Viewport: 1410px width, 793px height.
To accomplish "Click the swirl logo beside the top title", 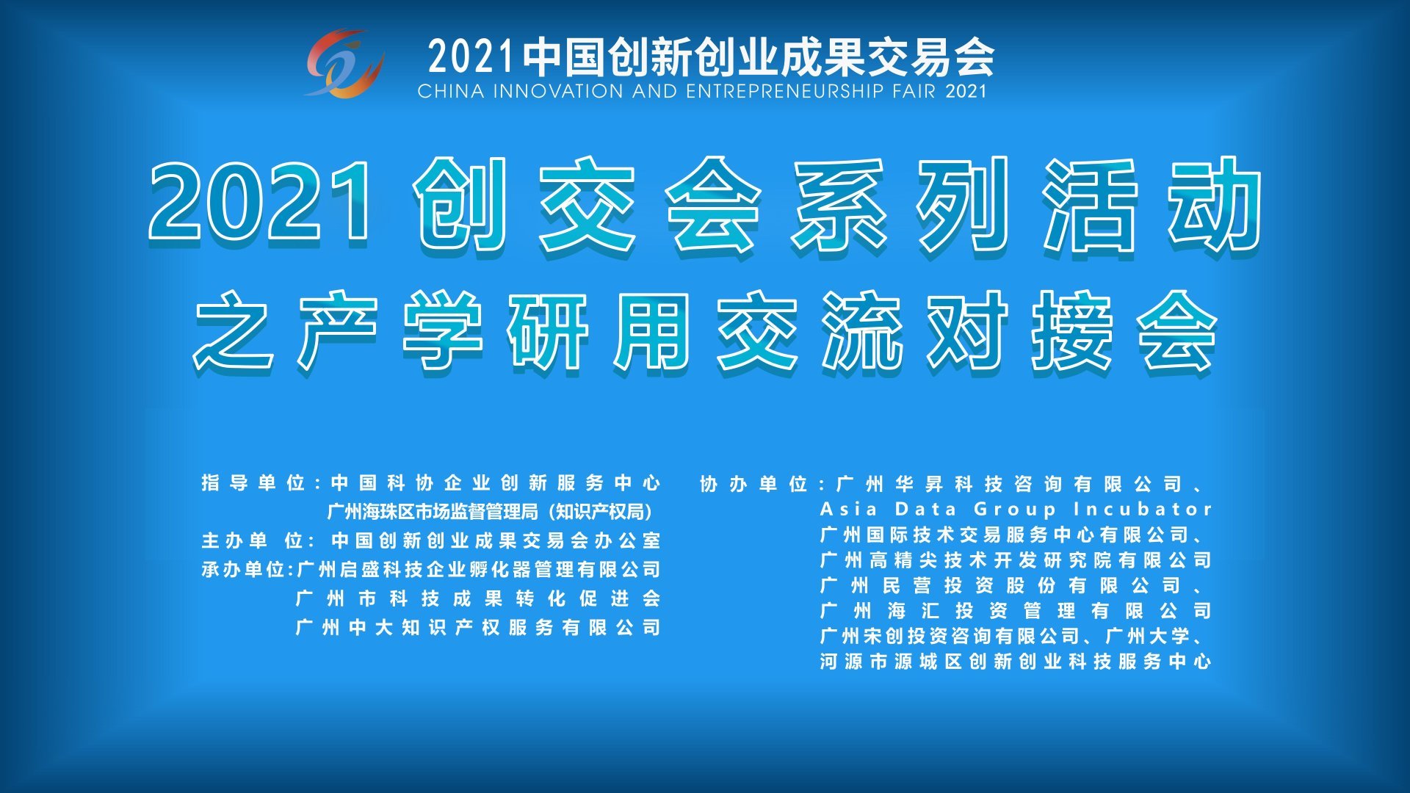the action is pyautogui.click(x=344, y=64).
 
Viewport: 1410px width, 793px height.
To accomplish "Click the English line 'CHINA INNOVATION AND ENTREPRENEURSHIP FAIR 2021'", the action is pyautogui.click(x=702, y=92).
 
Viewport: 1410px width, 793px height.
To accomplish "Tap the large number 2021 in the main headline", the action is pyautogui.click(x=260, y=202).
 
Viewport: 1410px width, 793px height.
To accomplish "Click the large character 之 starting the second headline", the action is pyautogui.click(x=234, y=332).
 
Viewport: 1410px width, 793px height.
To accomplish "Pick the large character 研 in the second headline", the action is pyautogui.click(x=548, y=332).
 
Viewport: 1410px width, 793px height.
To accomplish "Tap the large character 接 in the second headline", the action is pyautogui.click(x=1072, y=332).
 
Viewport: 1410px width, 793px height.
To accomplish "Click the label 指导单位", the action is pyautogui.click(x=253, y=482).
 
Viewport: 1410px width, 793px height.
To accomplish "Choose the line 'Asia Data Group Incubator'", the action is pyautogui.click(x=1016, y=509).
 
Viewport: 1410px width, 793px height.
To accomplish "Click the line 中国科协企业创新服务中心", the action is pyautogui.click(x=496, y=482).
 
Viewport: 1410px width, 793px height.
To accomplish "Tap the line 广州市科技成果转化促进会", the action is pyautogui.click(x=478, y=598).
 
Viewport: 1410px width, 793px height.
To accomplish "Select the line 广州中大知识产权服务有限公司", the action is pyautogui.click(x=478, y=627).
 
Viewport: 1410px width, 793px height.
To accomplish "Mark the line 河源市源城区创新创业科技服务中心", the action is pyautogui.click(x=1016, y=662).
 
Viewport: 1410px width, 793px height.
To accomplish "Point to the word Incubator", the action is pyautogui.click(x=1143, y=509).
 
